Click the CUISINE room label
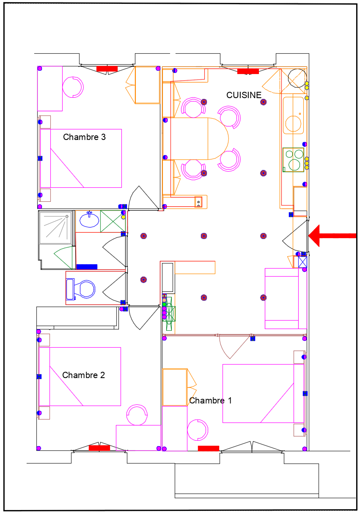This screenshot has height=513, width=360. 244,95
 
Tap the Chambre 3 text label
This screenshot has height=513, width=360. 84,137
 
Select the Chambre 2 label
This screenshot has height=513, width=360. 84,375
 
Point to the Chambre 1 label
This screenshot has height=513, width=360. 210,401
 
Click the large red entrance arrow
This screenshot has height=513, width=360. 332,236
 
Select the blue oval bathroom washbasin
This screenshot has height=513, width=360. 89,220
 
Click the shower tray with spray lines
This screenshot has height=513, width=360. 55,228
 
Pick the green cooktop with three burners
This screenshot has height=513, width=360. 293,159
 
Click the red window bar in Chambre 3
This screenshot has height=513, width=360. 107,69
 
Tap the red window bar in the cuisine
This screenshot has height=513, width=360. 248,71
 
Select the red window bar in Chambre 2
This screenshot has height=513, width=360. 99,448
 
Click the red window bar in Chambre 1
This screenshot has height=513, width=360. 209,448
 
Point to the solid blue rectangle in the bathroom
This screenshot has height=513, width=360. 87,267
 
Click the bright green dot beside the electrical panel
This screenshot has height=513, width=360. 164,305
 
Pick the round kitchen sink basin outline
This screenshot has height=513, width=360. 293,123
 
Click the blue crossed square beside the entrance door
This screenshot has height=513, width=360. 302,262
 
